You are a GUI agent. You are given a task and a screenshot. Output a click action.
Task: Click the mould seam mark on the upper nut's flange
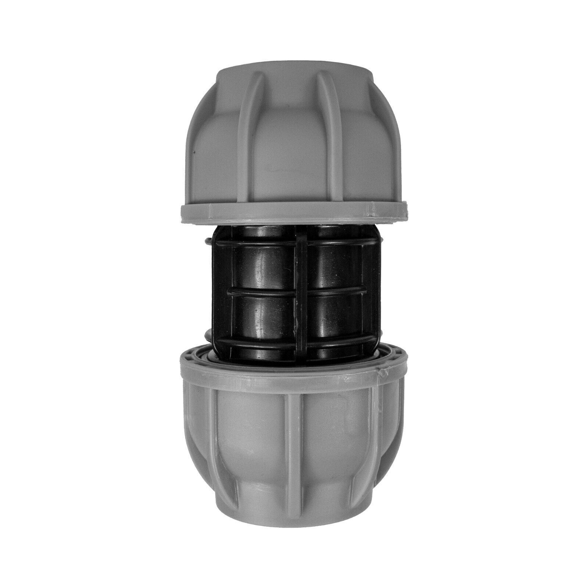coord(371,212)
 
